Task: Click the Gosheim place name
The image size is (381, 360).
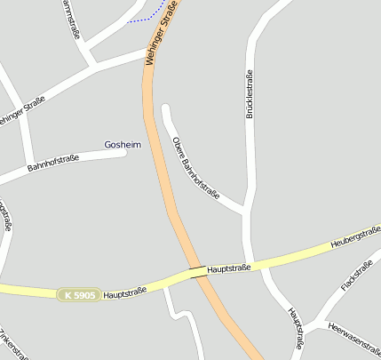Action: coord(123,144)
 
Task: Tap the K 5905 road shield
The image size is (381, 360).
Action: coord(78,294)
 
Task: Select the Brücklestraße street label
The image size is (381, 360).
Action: coord(250,94)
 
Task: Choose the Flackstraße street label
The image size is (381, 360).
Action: coord(356,276)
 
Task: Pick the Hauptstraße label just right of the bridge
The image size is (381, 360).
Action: coord(229,267)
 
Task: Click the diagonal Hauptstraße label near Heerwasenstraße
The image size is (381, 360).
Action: coord(297,328)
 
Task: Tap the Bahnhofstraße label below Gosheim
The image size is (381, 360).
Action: coord(53,163)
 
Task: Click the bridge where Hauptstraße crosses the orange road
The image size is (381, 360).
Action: coord(199,272)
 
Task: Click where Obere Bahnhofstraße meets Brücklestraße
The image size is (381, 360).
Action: coord(246,212)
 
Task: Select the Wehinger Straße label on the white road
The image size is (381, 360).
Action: coord(21,116)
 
